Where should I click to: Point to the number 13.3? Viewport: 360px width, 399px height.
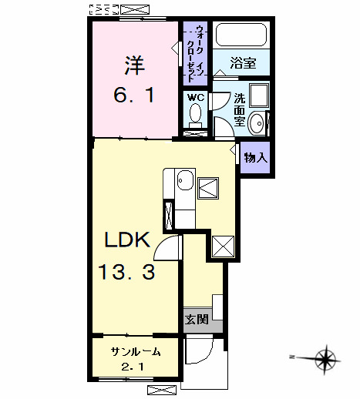128,271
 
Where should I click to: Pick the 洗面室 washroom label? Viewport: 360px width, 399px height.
241,109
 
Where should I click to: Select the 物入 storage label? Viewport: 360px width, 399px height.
255,158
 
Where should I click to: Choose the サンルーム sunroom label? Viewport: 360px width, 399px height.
136,352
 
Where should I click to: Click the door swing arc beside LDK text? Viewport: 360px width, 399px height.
169,250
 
